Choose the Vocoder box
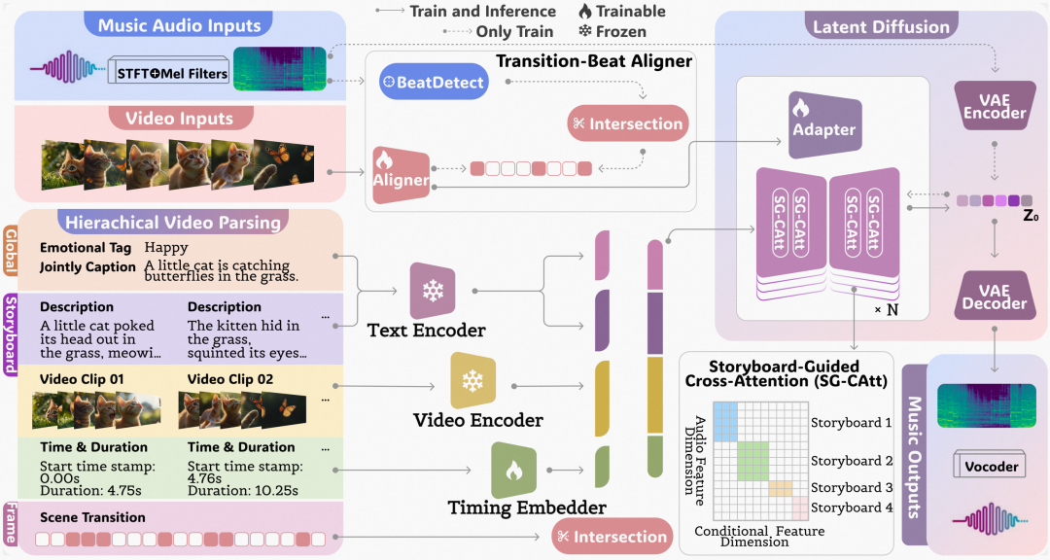[x=993, y=467]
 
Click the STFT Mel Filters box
[x=168, y=72]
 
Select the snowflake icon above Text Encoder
[x=433, y=291]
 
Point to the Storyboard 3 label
[x=852, y=488]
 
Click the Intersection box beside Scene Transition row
[x=612, y=536]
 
